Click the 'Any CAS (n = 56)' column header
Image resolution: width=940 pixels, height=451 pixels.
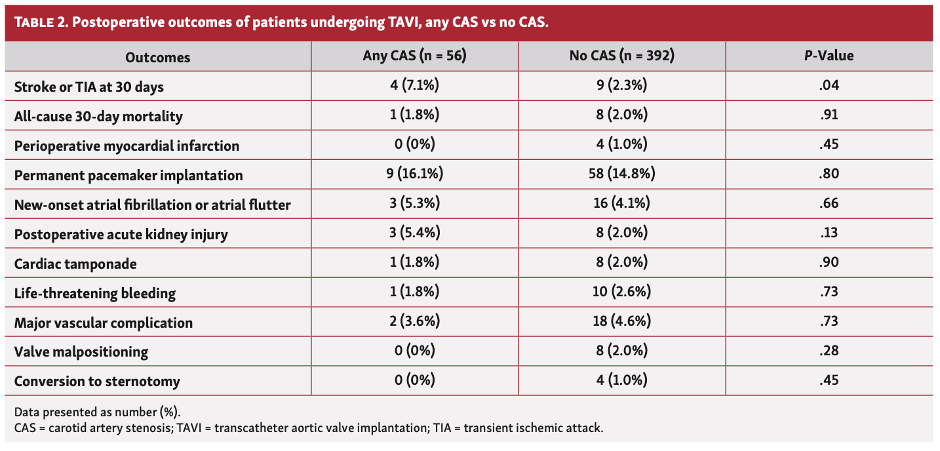click(x=414, y=56)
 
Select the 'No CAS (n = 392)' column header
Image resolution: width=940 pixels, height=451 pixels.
click(x=621, y=56)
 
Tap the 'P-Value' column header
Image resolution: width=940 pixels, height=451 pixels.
click(x=829, y=56)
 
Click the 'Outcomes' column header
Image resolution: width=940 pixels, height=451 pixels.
click(x=157, y=57)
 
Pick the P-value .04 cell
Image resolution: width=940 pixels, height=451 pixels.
click(x=829, y=86)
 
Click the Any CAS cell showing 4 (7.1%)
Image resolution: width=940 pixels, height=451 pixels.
click(x=414, y=86)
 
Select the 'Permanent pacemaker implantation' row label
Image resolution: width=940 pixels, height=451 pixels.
click(x=128, y=175)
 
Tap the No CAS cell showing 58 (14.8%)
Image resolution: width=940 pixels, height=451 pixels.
click(x=621, y=174)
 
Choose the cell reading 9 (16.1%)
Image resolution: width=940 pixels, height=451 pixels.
click(x=414, y=174)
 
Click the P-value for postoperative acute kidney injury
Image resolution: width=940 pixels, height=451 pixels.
click(x=829, y=233)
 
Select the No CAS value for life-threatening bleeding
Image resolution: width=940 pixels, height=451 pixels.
click(x=621, y=292)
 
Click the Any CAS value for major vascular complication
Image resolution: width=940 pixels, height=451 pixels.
click(x=414, y=322)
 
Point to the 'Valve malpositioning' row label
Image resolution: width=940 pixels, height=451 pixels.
click(x=81, y=352)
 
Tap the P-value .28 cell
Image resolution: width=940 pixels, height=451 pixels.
click(x=829, y=351)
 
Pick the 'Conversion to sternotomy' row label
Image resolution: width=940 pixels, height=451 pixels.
click(x=97, y=382)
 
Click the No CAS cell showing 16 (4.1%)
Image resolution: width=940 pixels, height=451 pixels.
click(x=621, y=204)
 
